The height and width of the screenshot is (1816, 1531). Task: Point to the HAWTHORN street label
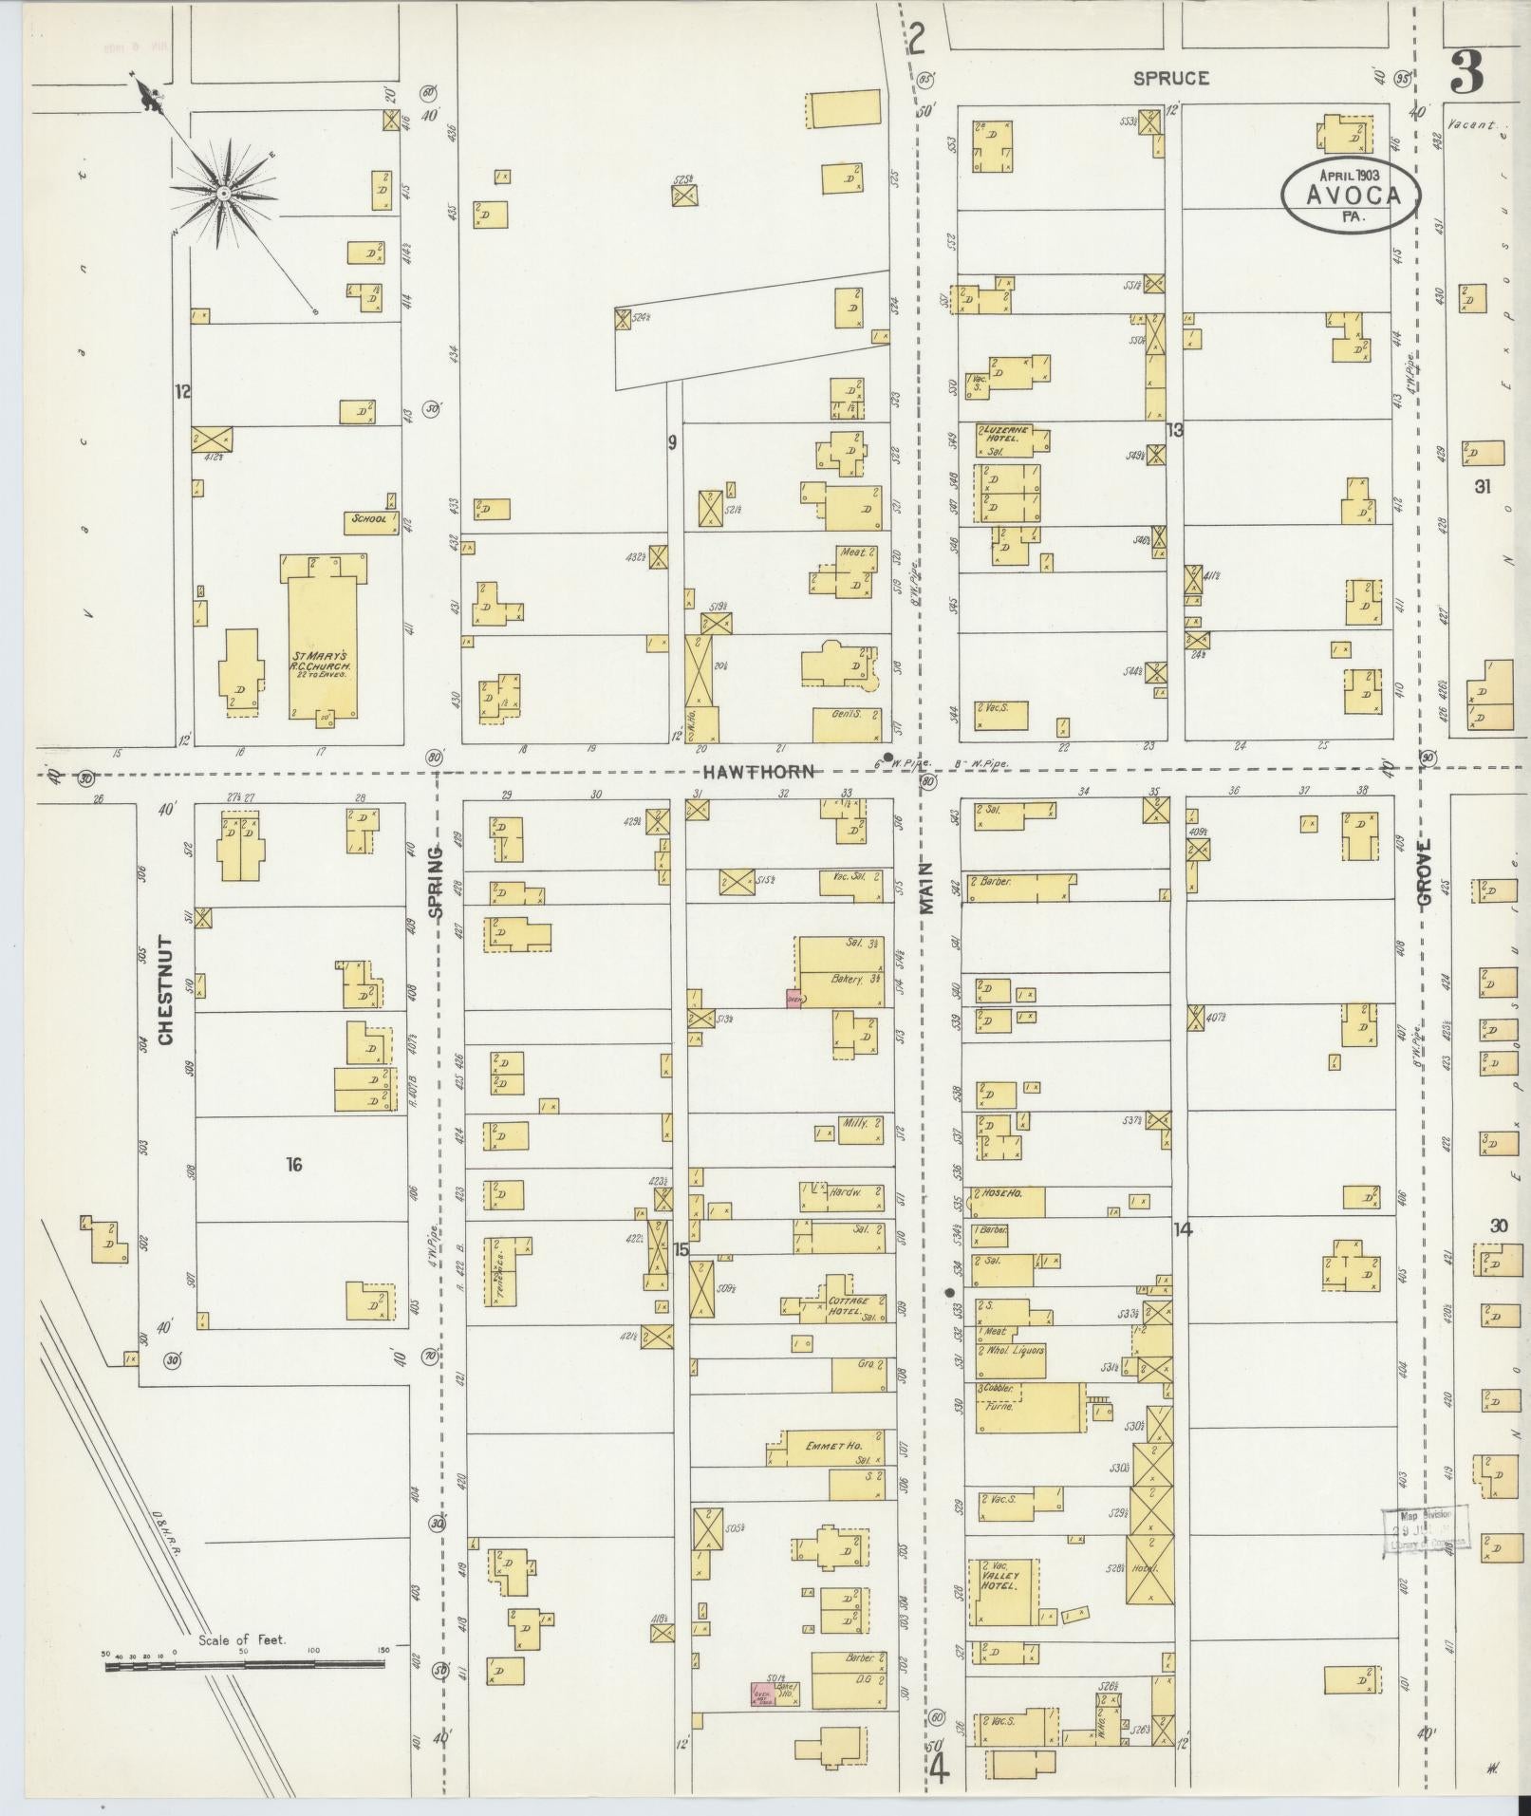click(759, 772)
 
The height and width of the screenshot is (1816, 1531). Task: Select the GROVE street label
click(1426, 875)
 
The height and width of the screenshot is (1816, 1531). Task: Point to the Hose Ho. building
click(1006, 1200)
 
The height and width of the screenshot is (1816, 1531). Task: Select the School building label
click(369, 519)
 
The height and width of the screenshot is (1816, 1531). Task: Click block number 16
click(294, 1164)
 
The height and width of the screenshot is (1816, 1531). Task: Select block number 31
click(1483, 487)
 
